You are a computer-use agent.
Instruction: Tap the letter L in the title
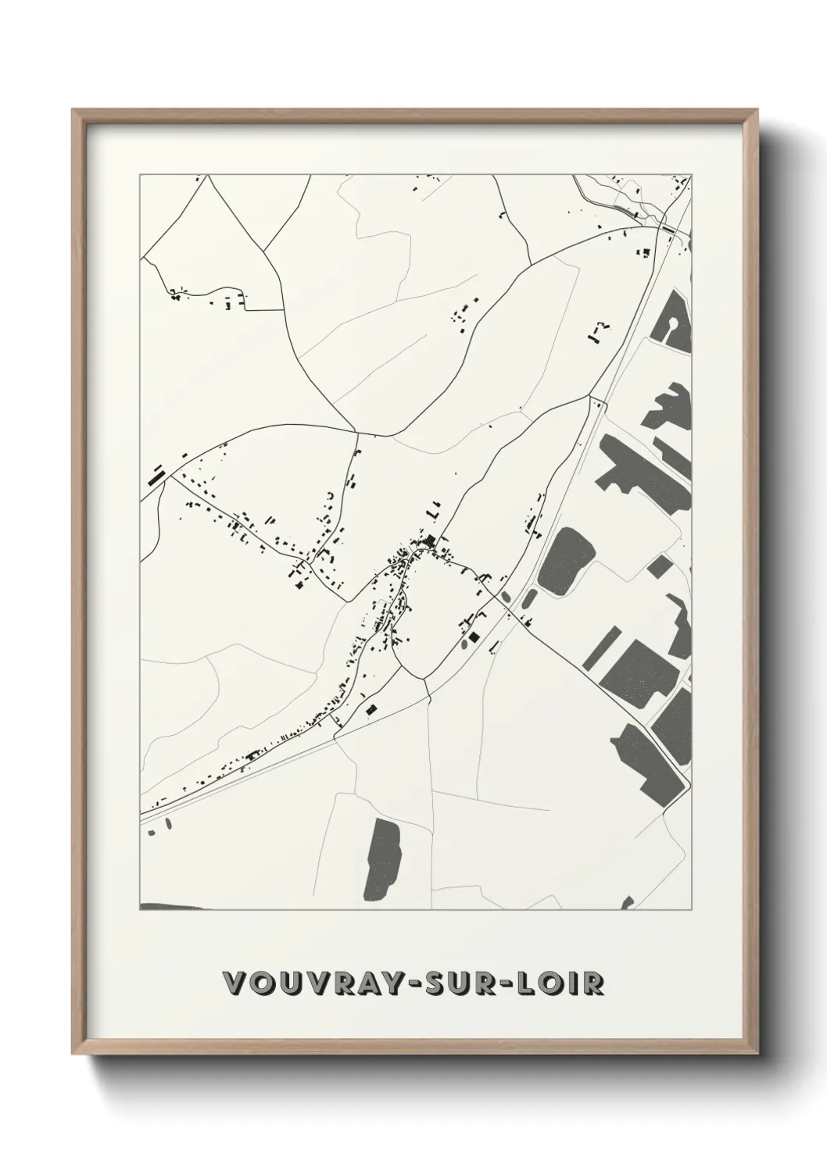530,983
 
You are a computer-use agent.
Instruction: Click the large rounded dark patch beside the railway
565,559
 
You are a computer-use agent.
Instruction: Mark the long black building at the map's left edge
156,474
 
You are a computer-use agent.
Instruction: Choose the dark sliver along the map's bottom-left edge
174,907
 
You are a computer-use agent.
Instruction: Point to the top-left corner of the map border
140,175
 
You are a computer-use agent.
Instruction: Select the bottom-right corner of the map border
692,910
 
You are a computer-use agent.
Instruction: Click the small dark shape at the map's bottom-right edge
627,904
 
